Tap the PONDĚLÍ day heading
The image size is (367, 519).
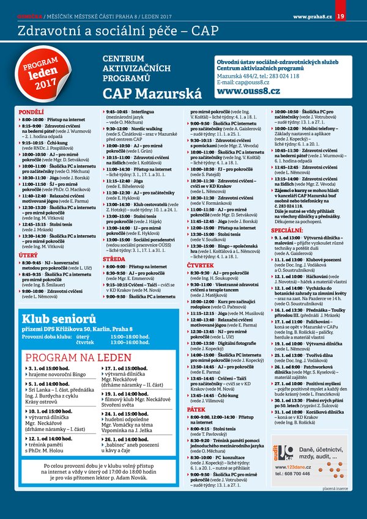coord(31,113)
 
